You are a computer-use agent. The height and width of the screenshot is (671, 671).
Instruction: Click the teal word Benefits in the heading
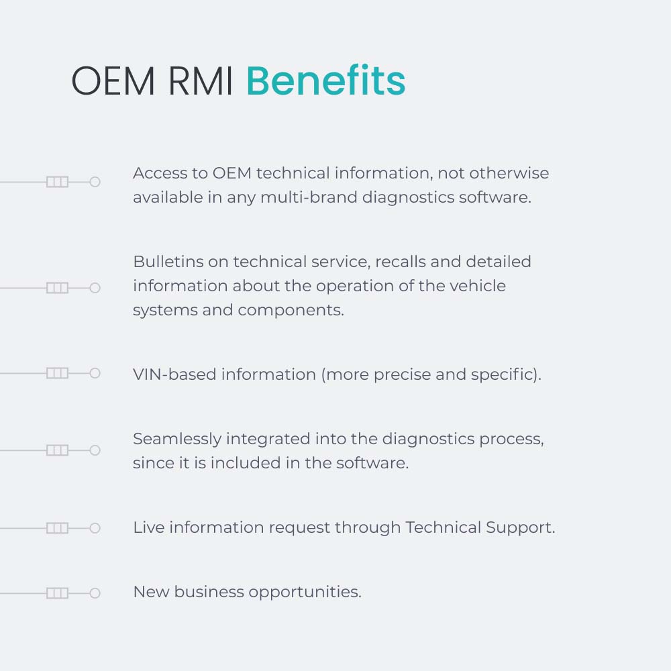click(325, 82)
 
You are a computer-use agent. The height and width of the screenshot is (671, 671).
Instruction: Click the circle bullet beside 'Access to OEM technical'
click(95, 182)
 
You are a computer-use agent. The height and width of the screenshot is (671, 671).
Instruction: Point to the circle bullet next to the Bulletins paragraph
click(95, 288)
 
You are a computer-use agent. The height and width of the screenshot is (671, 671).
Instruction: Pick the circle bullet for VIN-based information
click(95, 373)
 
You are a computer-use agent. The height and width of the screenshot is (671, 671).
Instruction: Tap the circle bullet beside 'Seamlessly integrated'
click(95, 450)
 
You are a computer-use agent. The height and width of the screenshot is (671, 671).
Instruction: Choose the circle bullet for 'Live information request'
click(95, 528)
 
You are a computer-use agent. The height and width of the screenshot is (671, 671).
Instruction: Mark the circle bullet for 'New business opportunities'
click(95, 593)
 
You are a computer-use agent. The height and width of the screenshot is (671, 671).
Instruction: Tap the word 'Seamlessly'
click(177, 440)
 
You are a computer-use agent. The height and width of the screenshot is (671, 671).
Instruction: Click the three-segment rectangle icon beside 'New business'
click(57, 593)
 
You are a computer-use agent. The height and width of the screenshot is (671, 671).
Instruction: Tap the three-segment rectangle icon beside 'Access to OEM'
click(57, 182)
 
